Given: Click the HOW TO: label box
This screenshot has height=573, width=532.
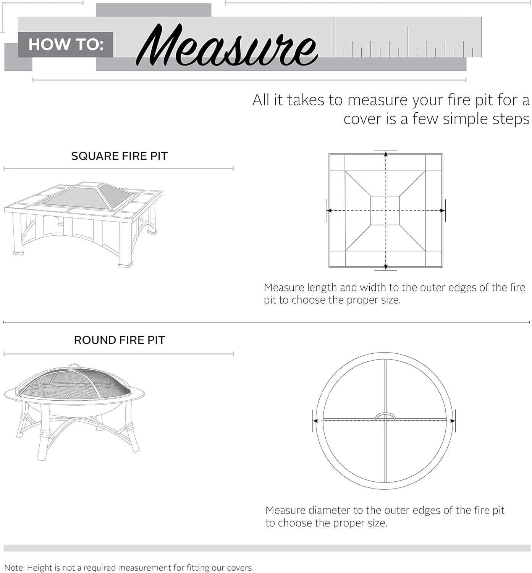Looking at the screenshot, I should pyautogui.click(x=66, y=45).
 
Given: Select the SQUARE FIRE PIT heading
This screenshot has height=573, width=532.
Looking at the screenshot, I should pyautogui.click(x=119, y=156).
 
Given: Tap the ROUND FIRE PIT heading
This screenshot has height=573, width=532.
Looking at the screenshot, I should pyautogui.click(x=119, y=340).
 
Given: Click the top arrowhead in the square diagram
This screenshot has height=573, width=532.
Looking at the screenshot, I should pyautogui.click(x=386, y=154).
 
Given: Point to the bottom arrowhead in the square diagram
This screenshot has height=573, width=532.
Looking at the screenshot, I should pyautogui.click(x=386, y=267).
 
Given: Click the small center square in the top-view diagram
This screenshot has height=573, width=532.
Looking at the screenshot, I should pyautogui.click(x=385, y=210).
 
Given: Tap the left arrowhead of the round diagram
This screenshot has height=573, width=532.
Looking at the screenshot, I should pyautogui.click(x=315, y=421).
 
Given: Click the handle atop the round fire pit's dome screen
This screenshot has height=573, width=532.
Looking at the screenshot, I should pyautogui.click(x=74, y=367).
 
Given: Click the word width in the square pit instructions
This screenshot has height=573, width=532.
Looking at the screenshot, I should pyautogui.click(x=372, y=288).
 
